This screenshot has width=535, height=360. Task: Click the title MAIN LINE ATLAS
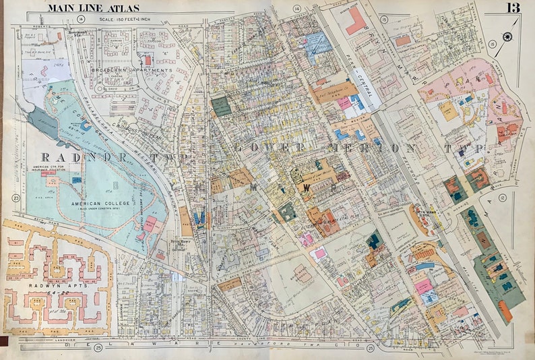(94, 7)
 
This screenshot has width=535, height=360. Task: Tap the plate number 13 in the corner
(514, 7)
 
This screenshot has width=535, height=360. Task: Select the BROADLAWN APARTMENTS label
(135, 70)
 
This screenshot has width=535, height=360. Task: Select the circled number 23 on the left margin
(14, 198)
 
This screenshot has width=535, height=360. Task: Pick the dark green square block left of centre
(220, 106)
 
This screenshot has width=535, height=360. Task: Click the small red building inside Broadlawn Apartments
(148, 60)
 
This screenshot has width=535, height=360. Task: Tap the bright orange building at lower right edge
(505, 311)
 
